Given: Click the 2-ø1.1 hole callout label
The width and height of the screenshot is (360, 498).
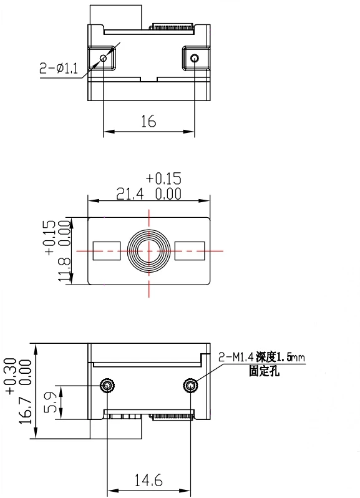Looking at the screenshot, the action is (59, 68).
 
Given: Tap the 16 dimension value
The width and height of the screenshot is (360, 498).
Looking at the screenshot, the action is (148, 121).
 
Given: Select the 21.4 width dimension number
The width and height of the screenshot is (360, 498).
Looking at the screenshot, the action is (130, 193).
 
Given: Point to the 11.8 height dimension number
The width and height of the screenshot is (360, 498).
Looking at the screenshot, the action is (64, 270).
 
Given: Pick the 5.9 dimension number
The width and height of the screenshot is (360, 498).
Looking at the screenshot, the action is (50, 402).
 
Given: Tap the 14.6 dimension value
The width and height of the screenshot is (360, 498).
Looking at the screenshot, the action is (148, 480).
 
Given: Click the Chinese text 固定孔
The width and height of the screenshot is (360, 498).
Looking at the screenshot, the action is (264, 371).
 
